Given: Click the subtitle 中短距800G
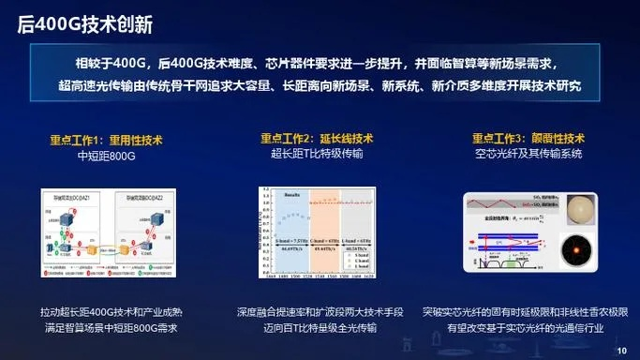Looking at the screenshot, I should (106, 154).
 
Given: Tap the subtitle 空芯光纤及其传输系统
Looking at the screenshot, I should (528, 154).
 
